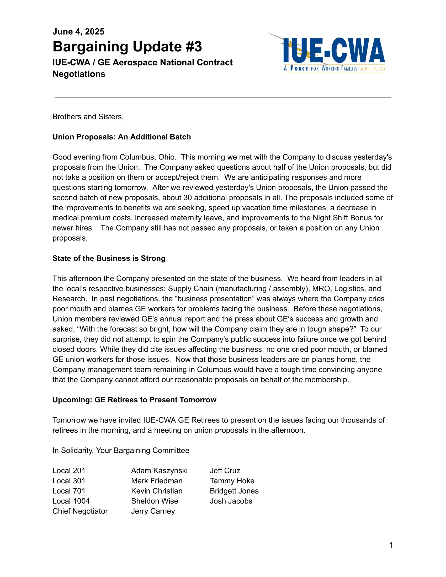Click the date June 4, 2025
coord(78,32)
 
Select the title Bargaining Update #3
coord(127,47)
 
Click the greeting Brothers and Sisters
coord(88,117)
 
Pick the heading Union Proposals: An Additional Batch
coord(121,137)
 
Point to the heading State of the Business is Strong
coord(109,258)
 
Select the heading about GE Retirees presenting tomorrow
coord(134,400)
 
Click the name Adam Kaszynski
coord(159,471)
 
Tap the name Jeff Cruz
coord(225,471)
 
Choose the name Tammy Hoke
coord(232,481)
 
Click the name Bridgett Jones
coord(234,491)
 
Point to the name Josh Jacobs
coord(231,501)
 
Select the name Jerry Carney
coord(153,511)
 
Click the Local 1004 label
coord(71,501)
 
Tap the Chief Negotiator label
coord(80,511)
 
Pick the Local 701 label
coord(69,491)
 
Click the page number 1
coord(391,545)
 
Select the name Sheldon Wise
coord(155,501)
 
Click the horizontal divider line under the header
coord(223,97)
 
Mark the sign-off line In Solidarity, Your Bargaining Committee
coord(121,450)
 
